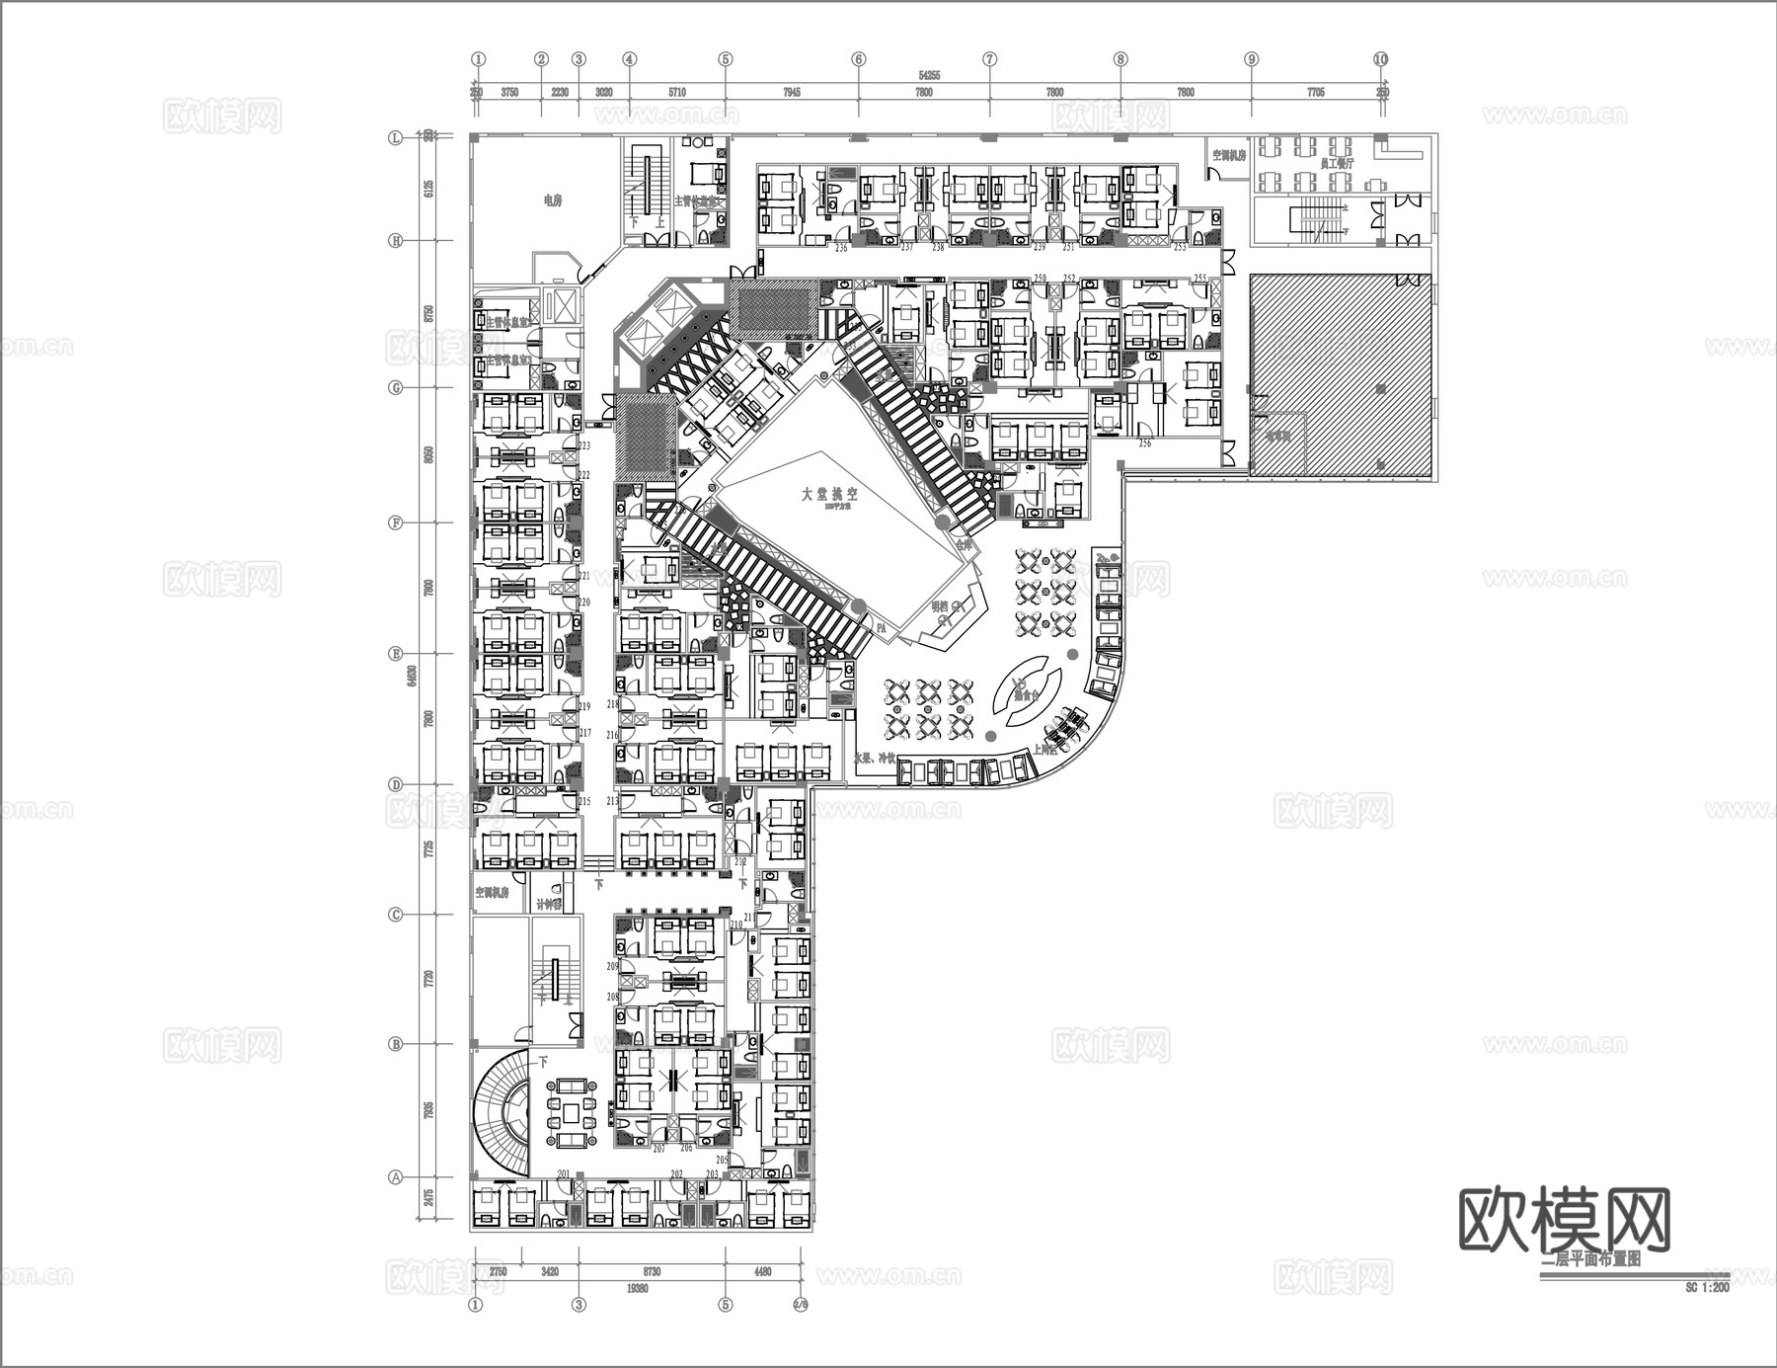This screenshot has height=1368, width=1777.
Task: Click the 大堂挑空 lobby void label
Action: (x=829, y=494)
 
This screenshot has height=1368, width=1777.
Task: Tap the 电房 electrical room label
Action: (x=552, y=201)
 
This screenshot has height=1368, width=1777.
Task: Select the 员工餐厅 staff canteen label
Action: (x=1337, y=163)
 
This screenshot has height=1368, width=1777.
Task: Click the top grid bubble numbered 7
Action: (x=989, y=59)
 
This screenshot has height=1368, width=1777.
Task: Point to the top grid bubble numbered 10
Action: (x=1380, y=59)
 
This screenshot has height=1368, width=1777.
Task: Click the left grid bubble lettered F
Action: (x=397, y=523)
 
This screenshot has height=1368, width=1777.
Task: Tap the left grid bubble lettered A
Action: (x=397, y=1177)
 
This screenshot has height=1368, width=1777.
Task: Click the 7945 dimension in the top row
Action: (x=792, y=93)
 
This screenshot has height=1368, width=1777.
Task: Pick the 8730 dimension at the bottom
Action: (x=652, y=1272)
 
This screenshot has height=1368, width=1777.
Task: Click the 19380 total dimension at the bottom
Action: (x=638, y=1288)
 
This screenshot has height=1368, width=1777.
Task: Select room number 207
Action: (x=658, y=1149)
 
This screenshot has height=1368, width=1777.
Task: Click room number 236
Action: (x=841, y=248)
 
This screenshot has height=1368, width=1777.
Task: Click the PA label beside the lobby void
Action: (x=881, y=626)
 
